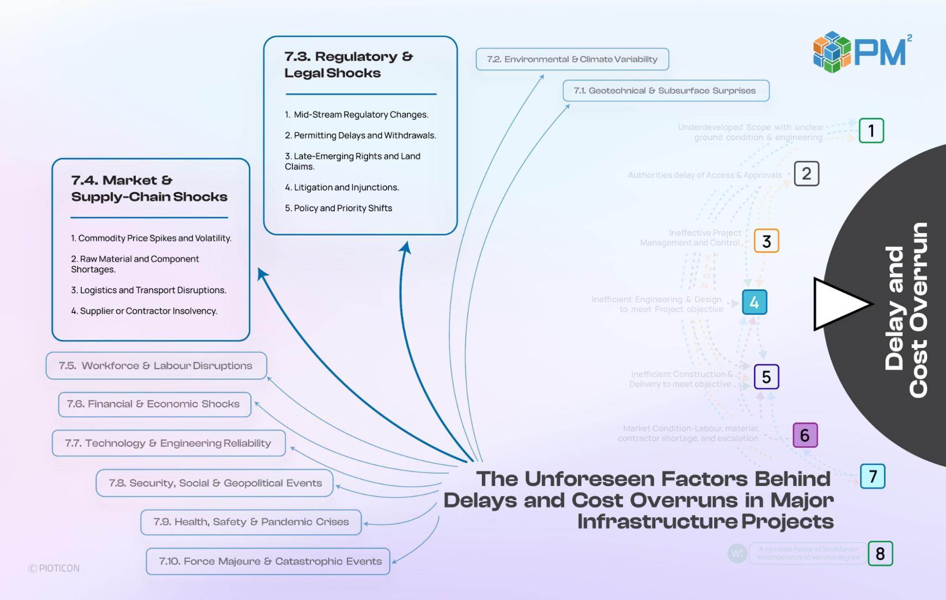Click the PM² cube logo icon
tap(832, 52)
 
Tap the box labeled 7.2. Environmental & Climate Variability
tap(572, 59)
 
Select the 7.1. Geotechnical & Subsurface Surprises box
tap(665, 91)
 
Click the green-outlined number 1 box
tap(871, 130)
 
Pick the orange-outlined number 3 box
tap(766, 241)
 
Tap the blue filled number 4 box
tap(754, 303)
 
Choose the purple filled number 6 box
tap(805, 435)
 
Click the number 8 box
tap(880, 554)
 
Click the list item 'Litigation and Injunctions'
tap(346, 188)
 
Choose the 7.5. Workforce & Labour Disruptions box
tap(156, 365)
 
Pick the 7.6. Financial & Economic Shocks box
tap(154, 404)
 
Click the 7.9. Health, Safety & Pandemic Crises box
tap(251, 522)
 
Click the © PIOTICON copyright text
tap(54, 568)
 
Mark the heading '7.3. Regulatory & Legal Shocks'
tap(349, 65)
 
